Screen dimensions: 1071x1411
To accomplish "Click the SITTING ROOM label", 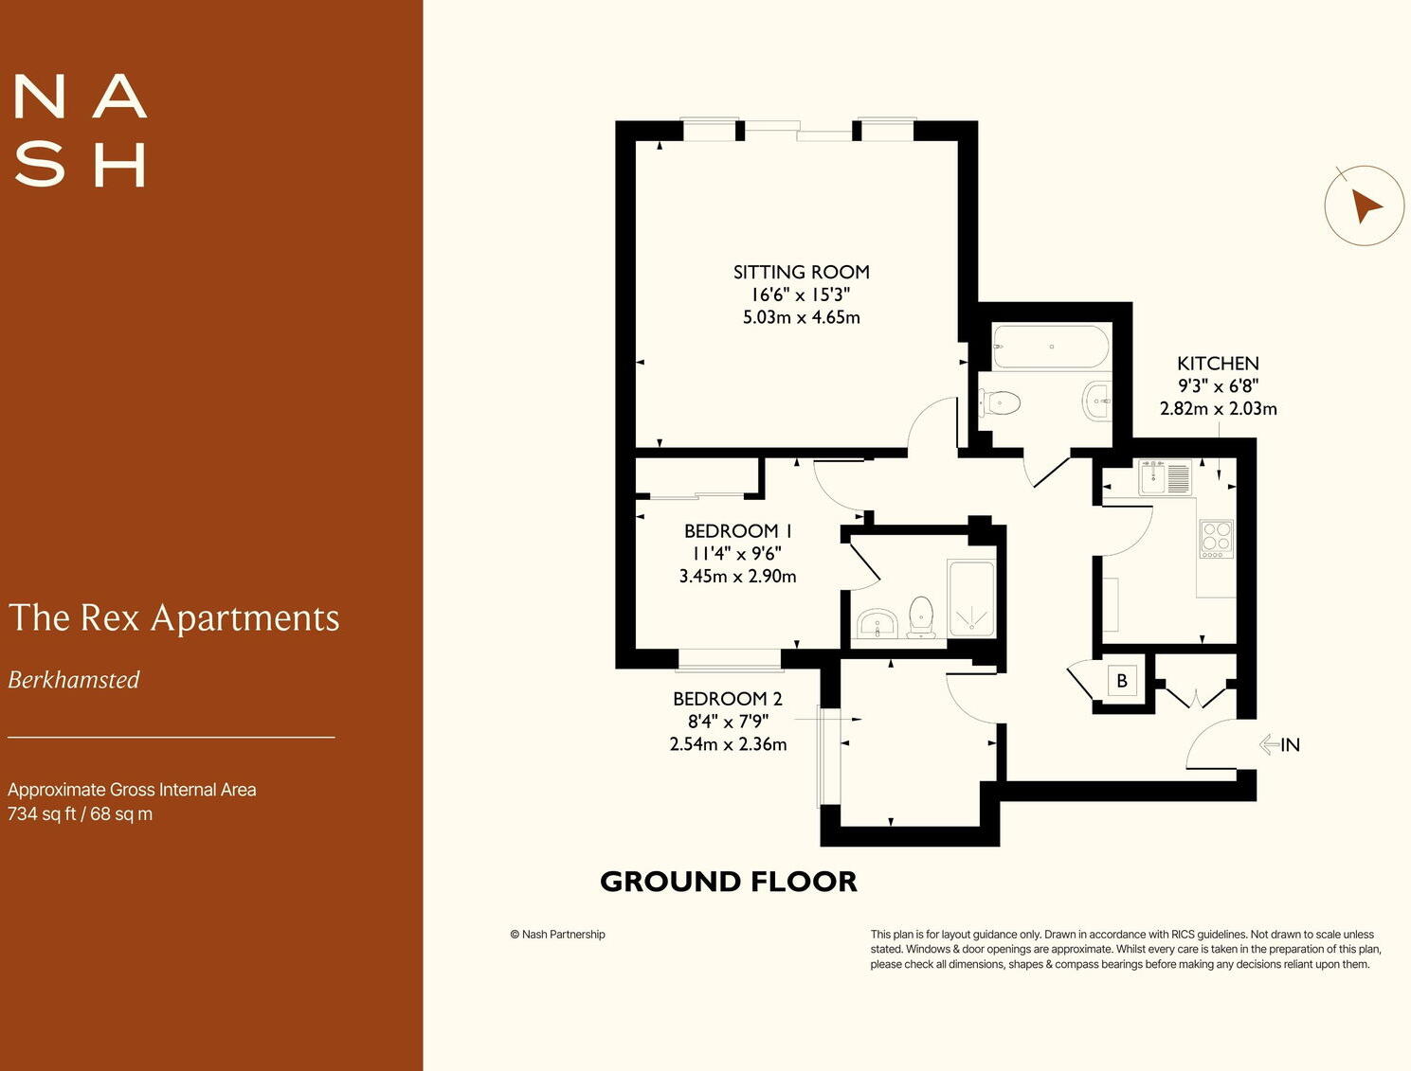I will (x=801, y=272).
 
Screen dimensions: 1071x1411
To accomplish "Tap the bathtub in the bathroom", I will (x=1050, y=347).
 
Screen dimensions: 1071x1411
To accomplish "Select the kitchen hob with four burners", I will (x=1216, y=538).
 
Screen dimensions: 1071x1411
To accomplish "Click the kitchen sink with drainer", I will (x=1165, y=477).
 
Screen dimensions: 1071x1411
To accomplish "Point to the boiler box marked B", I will (x=1122, y=681).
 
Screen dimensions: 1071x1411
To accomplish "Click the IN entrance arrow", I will (x=1278, y=744).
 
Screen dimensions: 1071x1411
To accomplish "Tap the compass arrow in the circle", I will (x=1365, y=205).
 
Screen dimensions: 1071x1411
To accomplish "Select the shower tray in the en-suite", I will (x=970, y=598).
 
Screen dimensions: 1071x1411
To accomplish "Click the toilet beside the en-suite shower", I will (x=920, y=616).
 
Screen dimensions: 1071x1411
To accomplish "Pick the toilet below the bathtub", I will (x=1000, y=403).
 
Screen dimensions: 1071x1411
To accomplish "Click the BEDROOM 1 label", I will (x=737, y=531).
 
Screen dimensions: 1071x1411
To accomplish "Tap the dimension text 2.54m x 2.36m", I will (x=728, y=744).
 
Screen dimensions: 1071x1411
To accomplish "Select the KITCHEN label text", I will (x=1218, y=364).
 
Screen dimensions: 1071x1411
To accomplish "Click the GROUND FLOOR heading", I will (x=728, y=882).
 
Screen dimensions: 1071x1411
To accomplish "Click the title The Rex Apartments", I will (x=173, y=617).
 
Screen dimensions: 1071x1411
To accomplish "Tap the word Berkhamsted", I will (x=74, y=680).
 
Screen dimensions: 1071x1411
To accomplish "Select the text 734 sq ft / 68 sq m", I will (x=80, y=814).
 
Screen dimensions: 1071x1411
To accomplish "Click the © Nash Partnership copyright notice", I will (x=557, y=935).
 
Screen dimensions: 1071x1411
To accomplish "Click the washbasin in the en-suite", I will (x=877, y=624).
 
